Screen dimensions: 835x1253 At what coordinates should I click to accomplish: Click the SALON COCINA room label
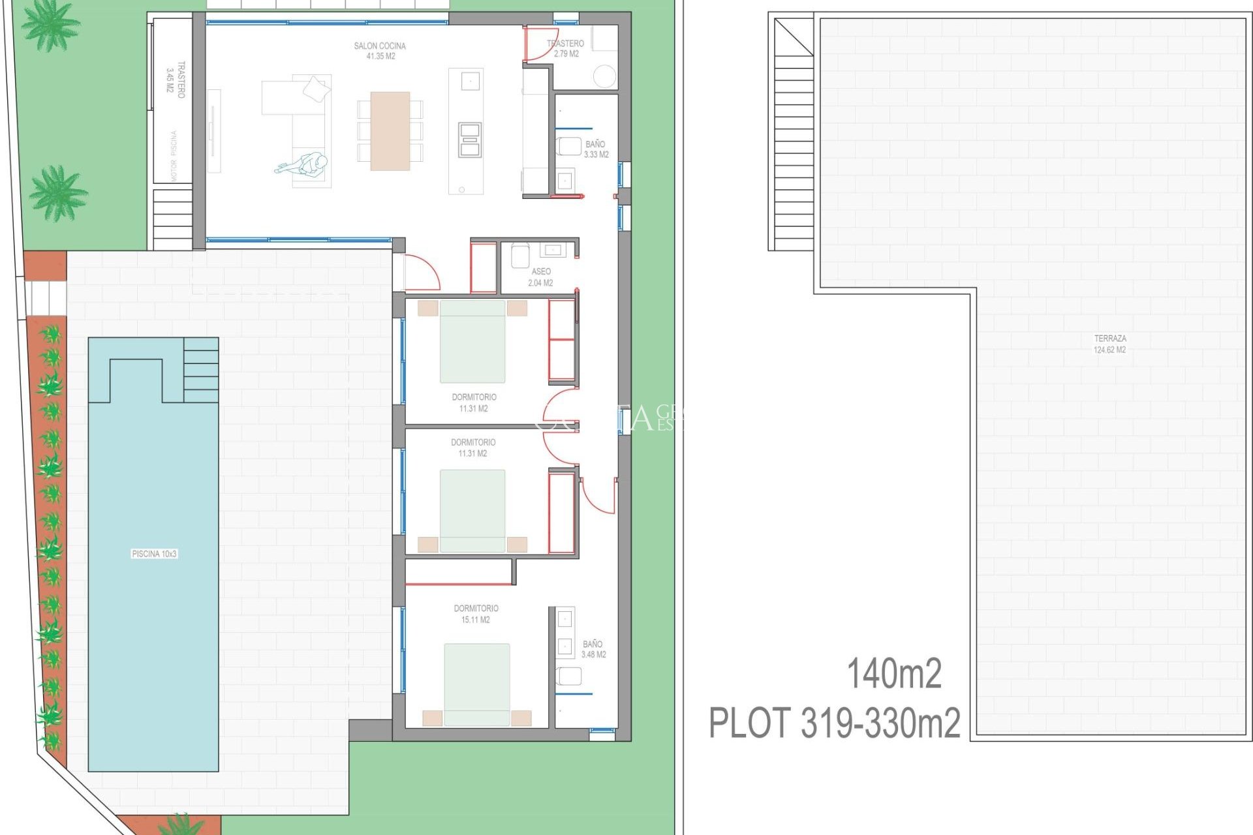coord(380,51)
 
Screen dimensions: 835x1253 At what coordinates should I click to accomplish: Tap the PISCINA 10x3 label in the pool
coord(154,554)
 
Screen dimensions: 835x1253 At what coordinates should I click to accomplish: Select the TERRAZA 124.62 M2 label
coord(1109,344)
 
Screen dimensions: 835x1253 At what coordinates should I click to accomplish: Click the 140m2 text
coord(893,674)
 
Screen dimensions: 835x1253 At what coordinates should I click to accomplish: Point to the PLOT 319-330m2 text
coord(834,723)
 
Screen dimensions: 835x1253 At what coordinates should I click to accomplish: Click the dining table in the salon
coord(390,130)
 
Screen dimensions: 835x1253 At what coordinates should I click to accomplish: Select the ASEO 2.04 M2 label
coord(540,277)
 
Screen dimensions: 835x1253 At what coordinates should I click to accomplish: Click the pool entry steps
coord(201,370)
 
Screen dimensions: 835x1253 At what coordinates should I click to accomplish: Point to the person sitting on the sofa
coord(307,164)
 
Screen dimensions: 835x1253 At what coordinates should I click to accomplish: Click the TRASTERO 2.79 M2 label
coord(565,48)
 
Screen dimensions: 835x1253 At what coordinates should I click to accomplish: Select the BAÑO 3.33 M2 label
coord(596,149)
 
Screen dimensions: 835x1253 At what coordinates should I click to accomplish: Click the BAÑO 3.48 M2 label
coord(593,649)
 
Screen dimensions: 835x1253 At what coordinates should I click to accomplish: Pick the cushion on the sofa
coord(317,88)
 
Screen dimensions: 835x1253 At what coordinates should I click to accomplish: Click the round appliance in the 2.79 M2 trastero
coord(604,76)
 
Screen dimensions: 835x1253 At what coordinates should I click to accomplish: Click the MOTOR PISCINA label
coord(174,156)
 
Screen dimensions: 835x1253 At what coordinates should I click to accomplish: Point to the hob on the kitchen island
coord(469,139)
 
